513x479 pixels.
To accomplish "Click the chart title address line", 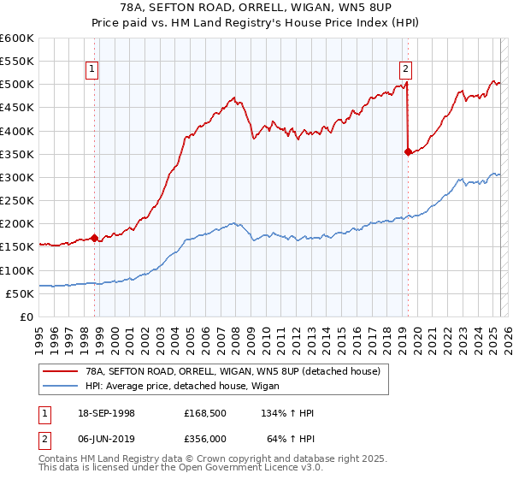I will [256, 8].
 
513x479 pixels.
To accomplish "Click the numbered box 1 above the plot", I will [91, 71].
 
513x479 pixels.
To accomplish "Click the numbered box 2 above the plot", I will [405, 71].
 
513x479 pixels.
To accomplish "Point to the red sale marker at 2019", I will [408, 152].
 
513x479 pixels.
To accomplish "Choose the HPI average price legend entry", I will [188, 386].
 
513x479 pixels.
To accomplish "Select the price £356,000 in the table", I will [204, 438].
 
